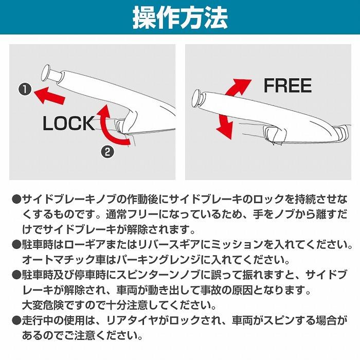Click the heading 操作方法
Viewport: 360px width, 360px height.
[x=180, y=18]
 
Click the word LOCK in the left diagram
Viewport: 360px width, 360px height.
[x=69, y=123]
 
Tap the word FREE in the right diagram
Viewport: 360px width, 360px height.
[x=287, y=85]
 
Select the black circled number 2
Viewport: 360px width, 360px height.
[x=107, y=151]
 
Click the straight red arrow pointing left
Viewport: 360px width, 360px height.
[x=49, y=94]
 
